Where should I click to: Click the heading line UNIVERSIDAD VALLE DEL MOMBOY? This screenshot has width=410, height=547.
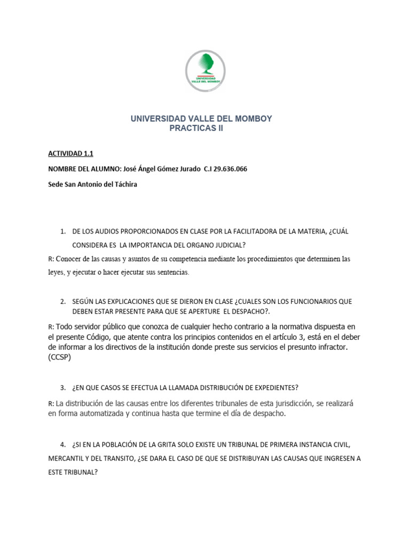[x=201, y=119]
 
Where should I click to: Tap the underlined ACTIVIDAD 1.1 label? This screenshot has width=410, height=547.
[x=70, y=154]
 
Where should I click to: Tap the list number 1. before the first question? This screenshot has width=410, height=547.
[x=63, y=231]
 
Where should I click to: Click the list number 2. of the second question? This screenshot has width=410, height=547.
[x=63, y=301]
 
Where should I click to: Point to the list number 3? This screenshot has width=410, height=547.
[x=63, y=387]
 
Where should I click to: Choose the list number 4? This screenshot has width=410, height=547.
[x=63, y=444]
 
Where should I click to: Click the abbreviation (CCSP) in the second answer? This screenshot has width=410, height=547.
[x=59, y=358]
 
